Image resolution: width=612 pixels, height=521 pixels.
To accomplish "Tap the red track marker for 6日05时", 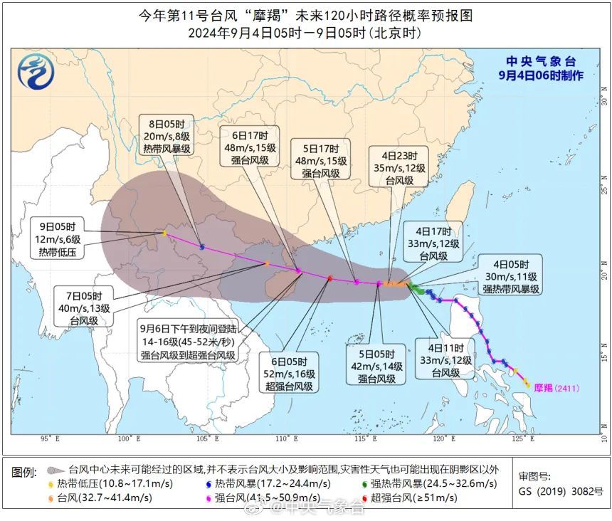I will click(x=330, y=278).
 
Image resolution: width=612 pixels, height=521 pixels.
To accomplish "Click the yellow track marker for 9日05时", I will click(x=165, y=233).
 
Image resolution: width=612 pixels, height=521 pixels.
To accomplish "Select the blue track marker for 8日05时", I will click(x=203, y=247).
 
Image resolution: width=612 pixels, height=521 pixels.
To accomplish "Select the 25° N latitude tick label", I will click(x=603, y=189).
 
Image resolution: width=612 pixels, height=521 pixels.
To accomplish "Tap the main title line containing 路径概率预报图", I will click(x=305, y=15).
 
